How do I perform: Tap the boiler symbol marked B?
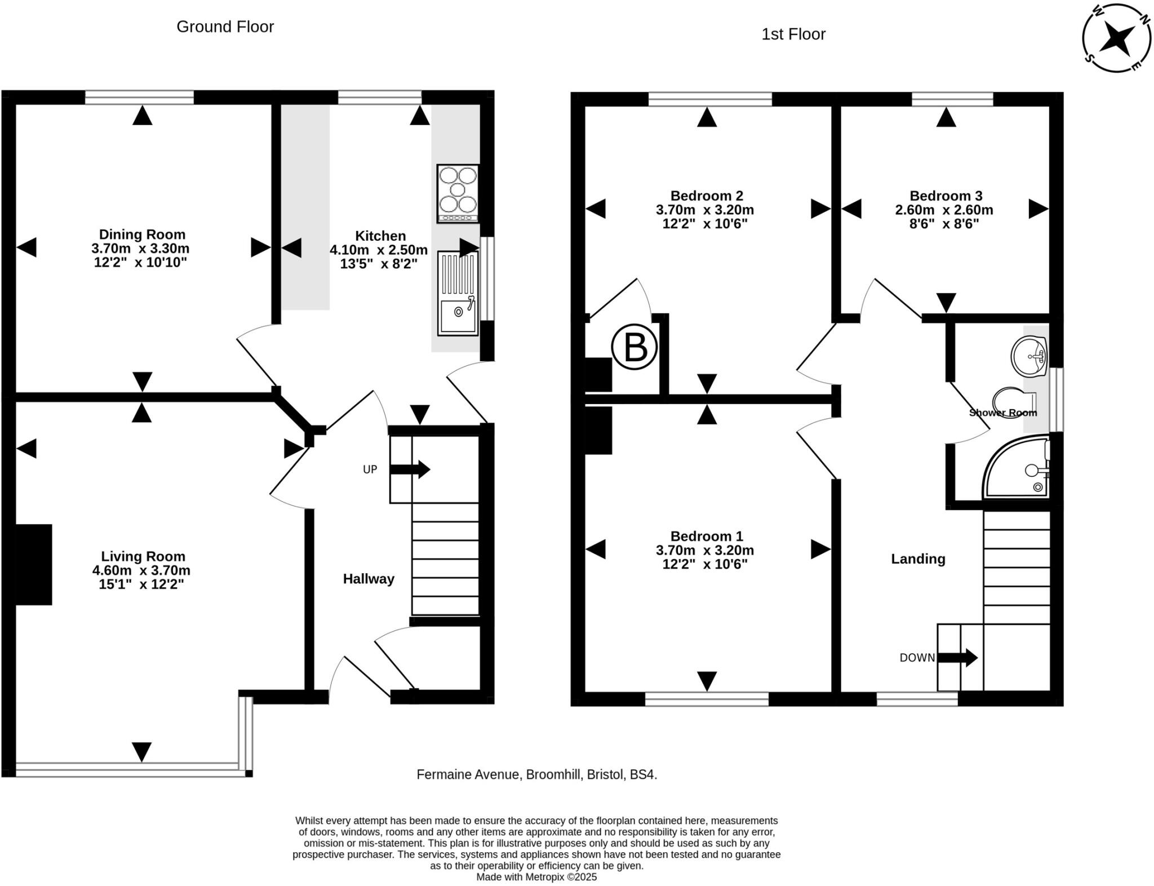pos(634,347)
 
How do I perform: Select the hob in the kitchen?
pos(458,193)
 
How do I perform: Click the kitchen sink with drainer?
pos(458,293)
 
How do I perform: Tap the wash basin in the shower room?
pos(1029,356)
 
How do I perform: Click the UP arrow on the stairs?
pos(410,469)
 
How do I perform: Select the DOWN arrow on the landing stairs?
pos(957,657)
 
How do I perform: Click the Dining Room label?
pos(142,234)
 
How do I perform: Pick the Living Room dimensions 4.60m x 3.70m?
pos(141,570)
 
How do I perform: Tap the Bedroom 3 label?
pos(946,196)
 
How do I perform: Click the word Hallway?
pos(369,579)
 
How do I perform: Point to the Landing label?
pos(918,559)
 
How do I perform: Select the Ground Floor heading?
pos(225,26)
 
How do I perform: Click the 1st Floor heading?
pos(793,34)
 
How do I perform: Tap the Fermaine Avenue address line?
pos(536,774)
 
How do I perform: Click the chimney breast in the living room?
pos(34,564)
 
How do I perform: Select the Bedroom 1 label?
pos(707,536)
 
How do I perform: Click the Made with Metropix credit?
pos(536,877)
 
